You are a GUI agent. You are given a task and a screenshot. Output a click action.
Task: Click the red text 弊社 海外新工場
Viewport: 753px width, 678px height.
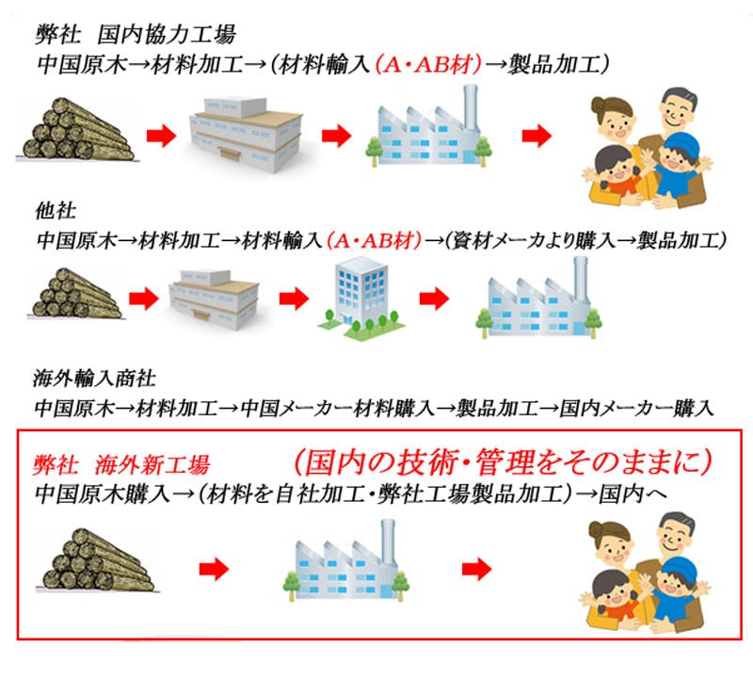point(122,464)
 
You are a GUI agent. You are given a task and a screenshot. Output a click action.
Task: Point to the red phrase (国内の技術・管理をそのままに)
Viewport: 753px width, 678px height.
point(500,461)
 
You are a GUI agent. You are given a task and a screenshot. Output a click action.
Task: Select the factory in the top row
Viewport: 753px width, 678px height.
point(427,127)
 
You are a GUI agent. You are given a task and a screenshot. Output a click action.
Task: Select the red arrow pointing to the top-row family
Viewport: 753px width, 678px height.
point(537,136)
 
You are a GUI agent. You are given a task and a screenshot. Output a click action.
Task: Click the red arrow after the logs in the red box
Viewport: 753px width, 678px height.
point(216,569)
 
